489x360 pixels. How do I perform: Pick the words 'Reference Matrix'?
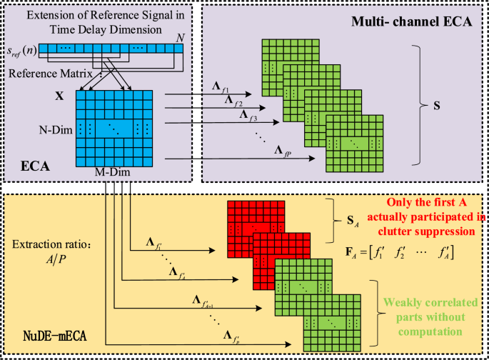44,72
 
